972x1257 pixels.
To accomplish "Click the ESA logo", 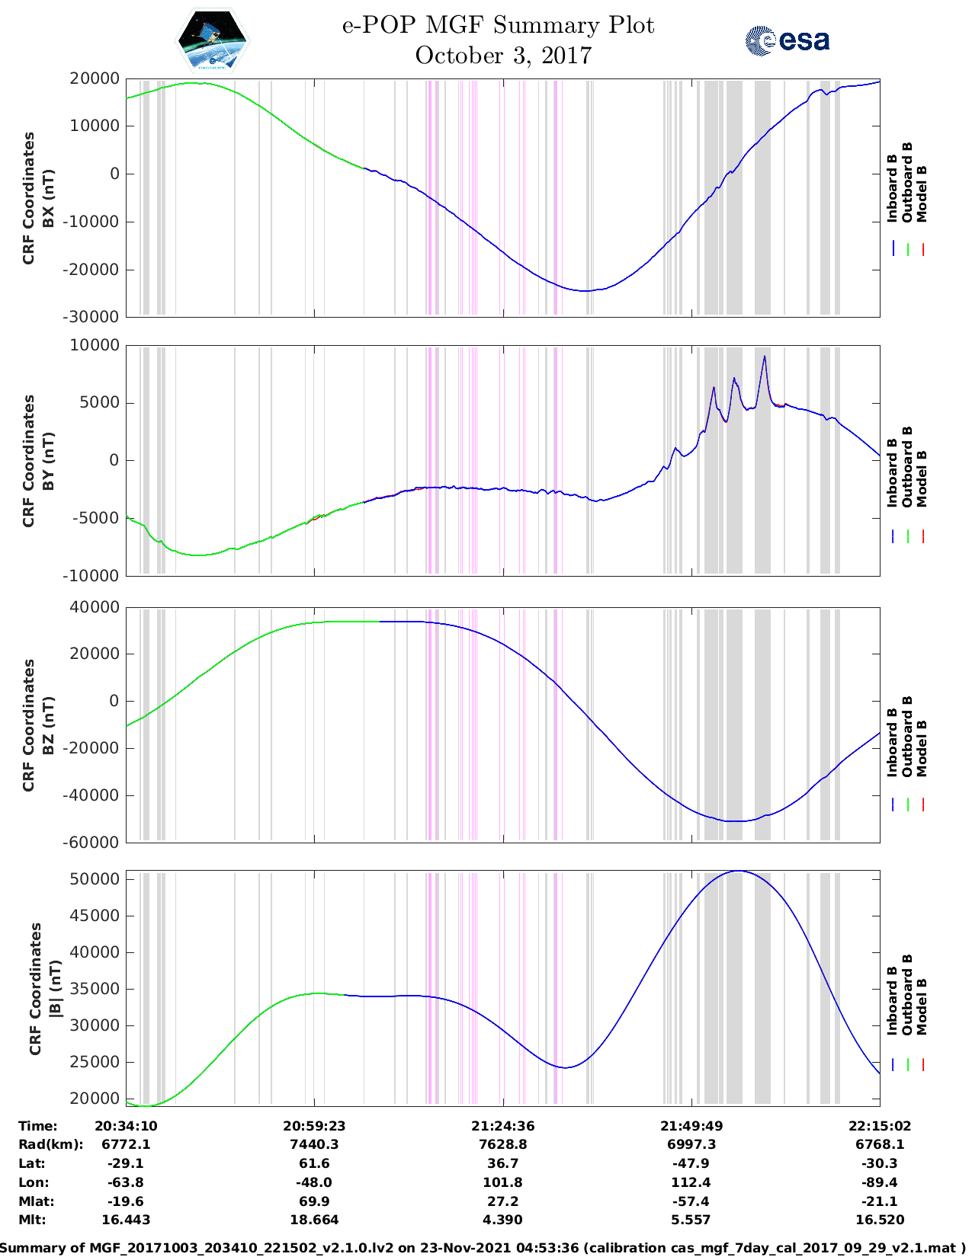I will (x=787, y=40).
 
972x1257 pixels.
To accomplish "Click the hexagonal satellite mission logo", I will (x=213, y=40).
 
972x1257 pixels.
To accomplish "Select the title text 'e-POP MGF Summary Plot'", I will (x=498, y=25).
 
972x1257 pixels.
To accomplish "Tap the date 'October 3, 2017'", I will (x=503, y=56).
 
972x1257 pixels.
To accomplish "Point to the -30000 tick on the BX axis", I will (x=93, y=317).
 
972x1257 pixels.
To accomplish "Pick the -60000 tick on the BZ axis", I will (x=93, y=843).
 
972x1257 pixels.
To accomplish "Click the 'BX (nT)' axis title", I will (x=48, y=198).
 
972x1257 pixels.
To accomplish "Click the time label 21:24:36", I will (x=502, y=1126).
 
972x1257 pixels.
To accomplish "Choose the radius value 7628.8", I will (x=502, y=1144).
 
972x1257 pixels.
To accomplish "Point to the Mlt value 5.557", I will (x=691, y=1220).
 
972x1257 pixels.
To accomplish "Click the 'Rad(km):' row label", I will (x=50, y=1144).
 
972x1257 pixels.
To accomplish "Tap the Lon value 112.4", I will (x=691, y=1182).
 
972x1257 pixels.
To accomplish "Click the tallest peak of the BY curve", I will (x=764, y=357).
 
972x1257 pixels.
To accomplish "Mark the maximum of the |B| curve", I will (x=737, y=871).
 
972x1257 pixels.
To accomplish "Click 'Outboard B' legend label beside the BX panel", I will (x=907, y=183).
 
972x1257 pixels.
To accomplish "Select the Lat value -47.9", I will (x=691, y=1163).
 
